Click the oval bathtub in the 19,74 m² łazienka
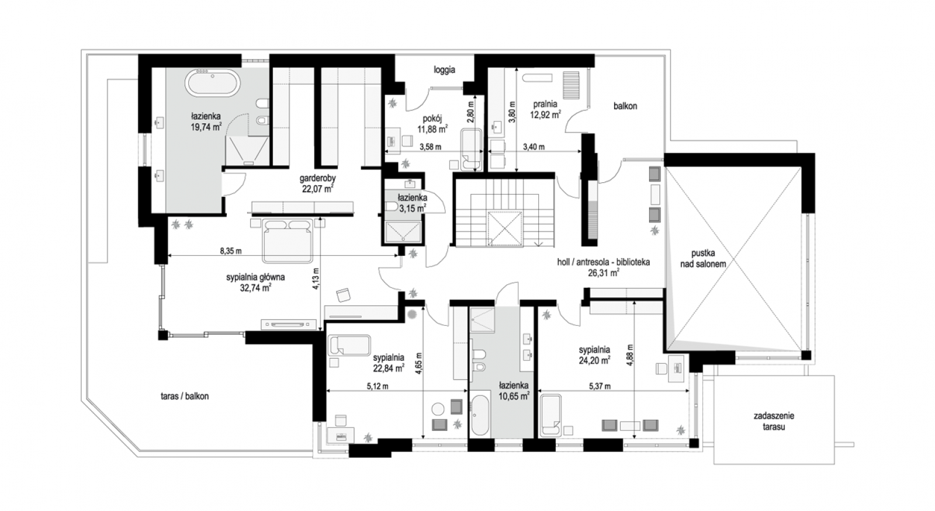coord(213,84)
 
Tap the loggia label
coord(444,70)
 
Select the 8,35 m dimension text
coord(231,251)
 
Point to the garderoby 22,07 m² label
coord(318,183)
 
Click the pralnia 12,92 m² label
coord(545,110)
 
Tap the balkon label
coord(625,106)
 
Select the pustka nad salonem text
coord(703,258)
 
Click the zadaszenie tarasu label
coord(774,421)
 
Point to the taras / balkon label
coord(185,397)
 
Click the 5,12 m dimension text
coord(378,386)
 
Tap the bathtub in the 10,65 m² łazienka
coord(480,415)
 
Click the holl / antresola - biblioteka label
coord(603,262)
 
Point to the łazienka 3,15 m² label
coord(412,203)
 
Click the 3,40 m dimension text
coord(534,147)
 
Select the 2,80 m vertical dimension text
coord(471,112)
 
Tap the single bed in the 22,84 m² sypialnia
coord(349,345)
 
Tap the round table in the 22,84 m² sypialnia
coord(438,409)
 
